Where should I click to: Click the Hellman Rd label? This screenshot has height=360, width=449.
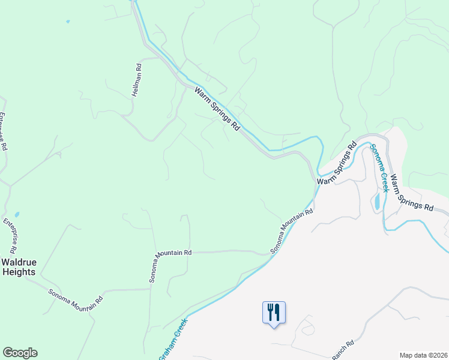[138, 81]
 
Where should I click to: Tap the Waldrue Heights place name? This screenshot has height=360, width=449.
[17, 267]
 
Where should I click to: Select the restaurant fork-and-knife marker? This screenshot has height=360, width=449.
[274, 313]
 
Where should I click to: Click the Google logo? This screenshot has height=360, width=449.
[20, 353]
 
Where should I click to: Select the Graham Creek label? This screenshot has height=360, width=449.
[173, 340]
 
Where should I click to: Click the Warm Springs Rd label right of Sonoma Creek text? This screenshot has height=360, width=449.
[412, 192]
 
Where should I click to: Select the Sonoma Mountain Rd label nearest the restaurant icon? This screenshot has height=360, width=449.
[292, 231]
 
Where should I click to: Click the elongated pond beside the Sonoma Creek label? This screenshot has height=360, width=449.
[377, 202]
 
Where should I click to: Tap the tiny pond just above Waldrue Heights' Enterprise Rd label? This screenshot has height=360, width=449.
[17, 214]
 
